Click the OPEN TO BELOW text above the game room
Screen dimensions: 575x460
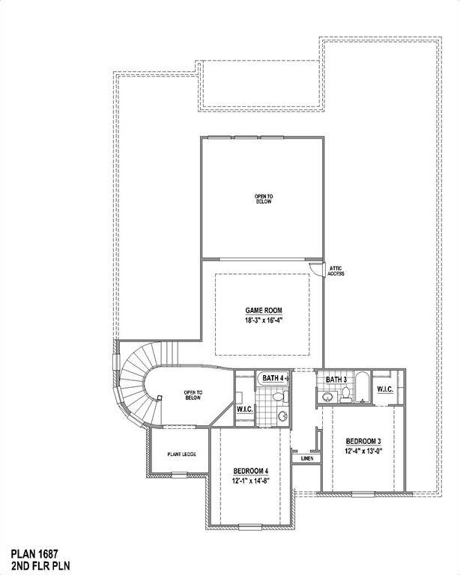point(264,198)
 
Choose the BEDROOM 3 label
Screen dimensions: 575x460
point(364,440)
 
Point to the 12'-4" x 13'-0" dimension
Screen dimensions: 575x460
point(364,451)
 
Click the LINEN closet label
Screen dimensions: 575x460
point(306,457)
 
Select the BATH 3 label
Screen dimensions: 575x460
point(336,380)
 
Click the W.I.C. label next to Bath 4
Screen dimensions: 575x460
point(244,409)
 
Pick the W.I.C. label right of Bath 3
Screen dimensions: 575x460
point(386,389)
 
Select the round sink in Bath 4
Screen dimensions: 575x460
point(281,416)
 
